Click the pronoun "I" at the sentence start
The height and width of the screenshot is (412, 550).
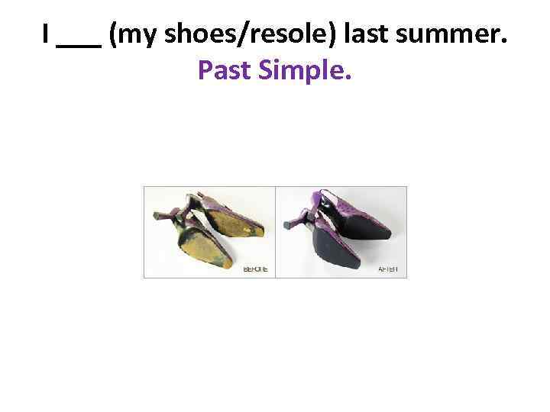point(47,34)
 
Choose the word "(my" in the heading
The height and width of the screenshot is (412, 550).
point(129,34)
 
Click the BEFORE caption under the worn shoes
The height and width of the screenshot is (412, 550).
point(254,269)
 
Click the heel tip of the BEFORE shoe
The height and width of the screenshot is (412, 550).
point(157,217)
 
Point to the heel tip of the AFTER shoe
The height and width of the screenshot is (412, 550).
point(287,225)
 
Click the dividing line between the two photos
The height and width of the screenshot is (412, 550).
point(275,232)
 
